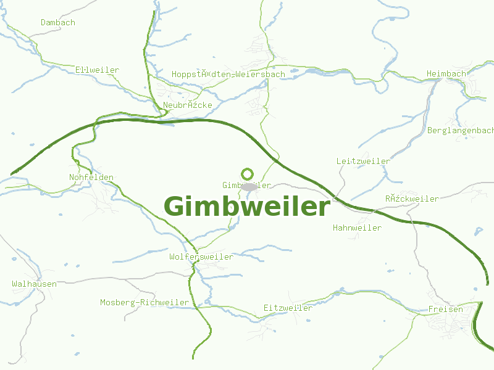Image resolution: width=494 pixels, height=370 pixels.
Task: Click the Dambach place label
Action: click(58, 23)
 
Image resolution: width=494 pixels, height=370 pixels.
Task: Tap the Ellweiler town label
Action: click(97, 70)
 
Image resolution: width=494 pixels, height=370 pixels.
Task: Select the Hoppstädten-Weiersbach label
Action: click(228, 75)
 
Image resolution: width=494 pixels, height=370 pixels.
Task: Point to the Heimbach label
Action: click(446, 74)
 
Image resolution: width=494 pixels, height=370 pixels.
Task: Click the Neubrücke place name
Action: click(188, 105)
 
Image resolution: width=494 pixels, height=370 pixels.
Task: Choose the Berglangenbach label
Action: click(461, 131)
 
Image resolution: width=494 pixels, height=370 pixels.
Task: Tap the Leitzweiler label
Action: click(363, 162)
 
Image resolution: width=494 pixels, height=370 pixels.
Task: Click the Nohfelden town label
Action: click(91, 178)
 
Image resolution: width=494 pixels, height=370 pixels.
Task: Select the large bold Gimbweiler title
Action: click(247, 207)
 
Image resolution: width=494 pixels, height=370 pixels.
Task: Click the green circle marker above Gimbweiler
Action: click(248, 174)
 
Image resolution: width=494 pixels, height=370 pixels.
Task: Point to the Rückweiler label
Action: click(412, 199)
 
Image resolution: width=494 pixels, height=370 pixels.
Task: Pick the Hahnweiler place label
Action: click(357, 228)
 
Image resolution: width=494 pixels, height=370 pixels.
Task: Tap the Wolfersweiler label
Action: click(201, 257)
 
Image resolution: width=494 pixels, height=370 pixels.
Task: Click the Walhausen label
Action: click(34, 284)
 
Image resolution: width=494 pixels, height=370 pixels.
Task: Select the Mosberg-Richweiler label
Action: click(144, 303)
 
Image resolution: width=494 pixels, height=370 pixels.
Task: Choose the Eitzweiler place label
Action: click(288, 308)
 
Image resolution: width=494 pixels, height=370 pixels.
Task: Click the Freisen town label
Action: click(445, 310)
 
